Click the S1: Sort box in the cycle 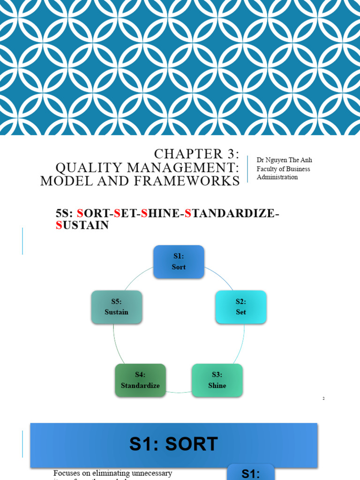click(x=179, y=262)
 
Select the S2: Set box click(x=241, y=307)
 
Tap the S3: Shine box click(x=217, y=380)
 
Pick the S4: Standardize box click(x=140, y=380)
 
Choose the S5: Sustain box click(x=116, y=307)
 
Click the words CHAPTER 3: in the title click(x=196, y=154)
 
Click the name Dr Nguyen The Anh click(x=284, y=160)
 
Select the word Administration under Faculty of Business click(x=277, y=177)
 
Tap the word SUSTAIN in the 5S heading click(x=82, y=225)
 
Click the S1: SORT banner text click(x=174, y=444)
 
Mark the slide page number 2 click(x=323, y=398)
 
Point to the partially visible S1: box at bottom click(x=251, y=473)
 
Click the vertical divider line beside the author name click(x=247, y=169)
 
